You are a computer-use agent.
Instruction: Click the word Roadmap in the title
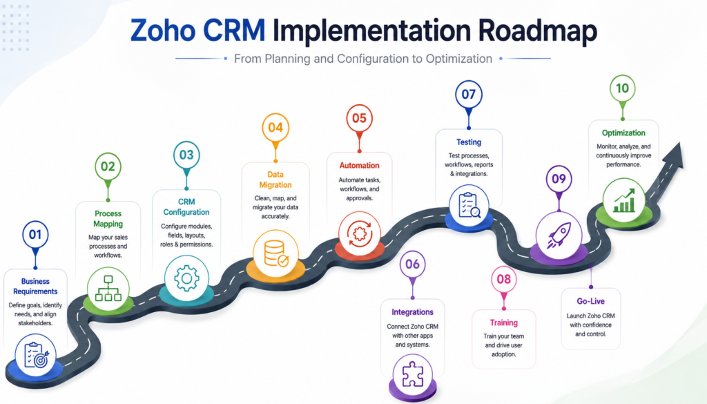coord(537,30)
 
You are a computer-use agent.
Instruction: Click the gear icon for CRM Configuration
coord(186,278)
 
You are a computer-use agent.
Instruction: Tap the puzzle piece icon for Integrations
coord(412,374)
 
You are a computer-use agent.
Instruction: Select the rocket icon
coord(559,235)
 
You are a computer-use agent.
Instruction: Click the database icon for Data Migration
coord(275,253)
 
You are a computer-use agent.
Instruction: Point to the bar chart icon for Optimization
coord(623,201)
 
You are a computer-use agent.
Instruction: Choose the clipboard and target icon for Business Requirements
coord(36,355)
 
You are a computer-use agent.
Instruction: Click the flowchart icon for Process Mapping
coord(108,289)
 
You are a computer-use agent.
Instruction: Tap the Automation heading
coord(359,166)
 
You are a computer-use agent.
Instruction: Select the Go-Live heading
coord(591,301)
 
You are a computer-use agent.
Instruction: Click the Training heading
coord(503,323)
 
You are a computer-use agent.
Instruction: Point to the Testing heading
coord(469,142)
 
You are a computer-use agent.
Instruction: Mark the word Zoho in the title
coord(163,30)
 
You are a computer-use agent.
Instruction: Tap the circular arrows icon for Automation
coord(359,233)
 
